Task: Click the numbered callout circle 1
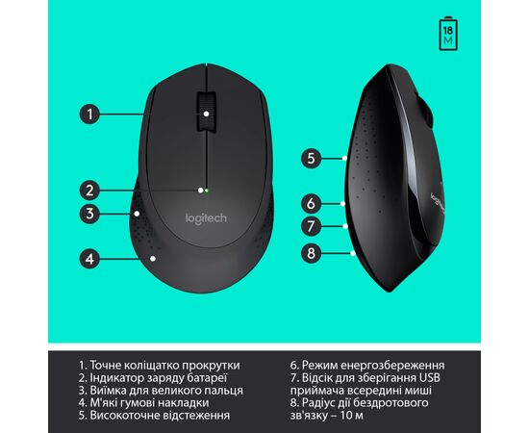89,115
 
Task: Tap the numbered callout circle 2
89,191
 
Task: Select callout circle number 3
89,214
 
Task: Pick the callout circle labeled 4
89,259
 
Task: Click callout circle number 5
311,158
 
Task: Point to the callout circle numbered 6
311,203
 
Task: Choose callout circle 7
311,226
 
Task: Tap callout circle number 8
311,253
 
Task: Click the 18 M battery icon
448,34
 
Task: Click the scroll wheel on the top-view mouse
206,111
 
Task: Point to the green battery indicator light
207,191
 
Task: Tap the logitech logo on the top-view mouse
206,218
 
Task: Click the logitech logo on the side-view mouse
437,202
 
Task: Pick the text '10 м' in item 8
351,415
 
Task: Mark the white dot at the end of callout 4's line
153,259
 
